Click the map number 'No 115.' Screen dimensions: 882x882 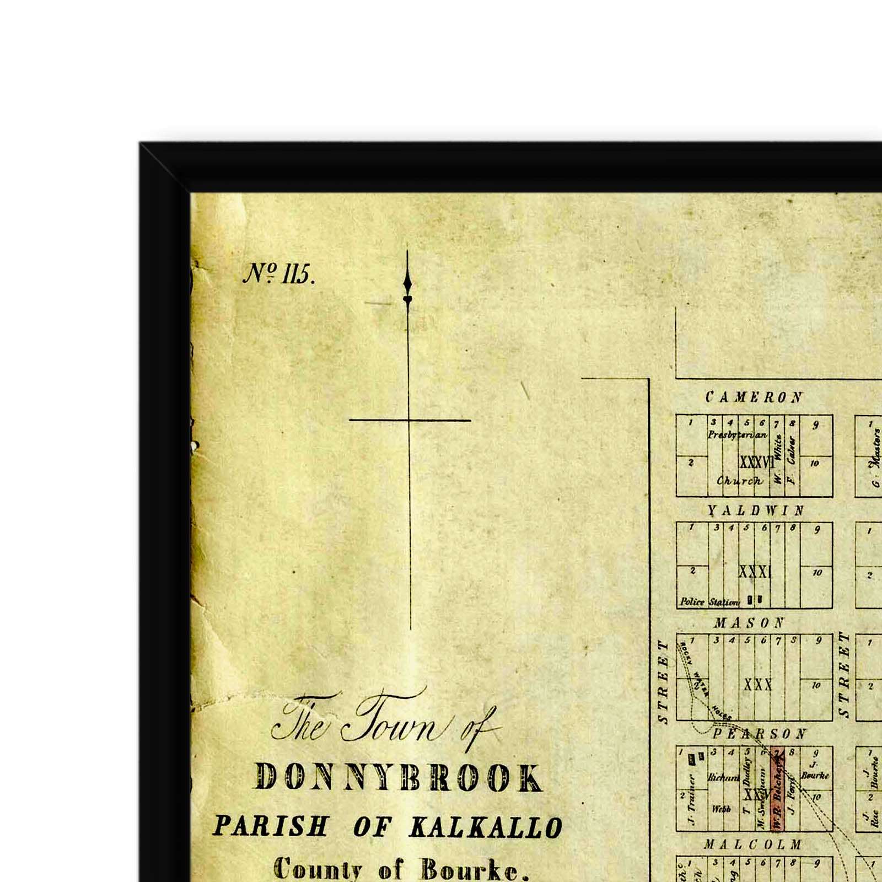tap(278, 273)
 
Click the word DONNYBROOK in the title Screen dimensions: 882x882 tap(398, 778)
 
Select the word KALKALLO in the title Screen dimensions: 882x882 tap(486, 827)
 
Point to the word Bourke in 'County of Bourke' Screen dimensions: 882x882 tap(470, 870)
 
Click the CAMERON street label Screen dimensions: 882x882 tap(754, 397)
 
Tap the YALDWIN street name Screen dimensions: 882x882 tap(756, 511)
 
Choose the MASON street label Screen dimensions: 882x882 tap(749, 623)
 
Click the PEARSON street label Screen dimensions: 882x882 tap(760, 734)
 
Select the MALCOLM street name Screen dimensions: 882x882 tap(752, 845)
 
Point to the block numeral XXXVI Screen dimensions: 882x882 tap(756, 462)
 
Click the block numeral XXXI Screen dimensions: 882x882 tap(755, 572)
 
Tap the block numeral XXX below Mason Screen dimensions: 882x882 tap(758, 685)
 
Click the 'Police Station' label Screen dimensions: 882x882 tap(709, 602)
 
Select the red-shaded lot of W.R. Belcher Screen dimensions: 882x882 tap(777, 789)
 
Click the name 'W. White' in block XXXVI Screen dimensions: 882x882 tap(778, 459)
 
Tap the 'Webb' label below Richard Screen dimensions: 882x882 tap(721, 809)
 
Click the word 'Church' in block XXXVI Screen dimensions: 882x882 tap(739, 481)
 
